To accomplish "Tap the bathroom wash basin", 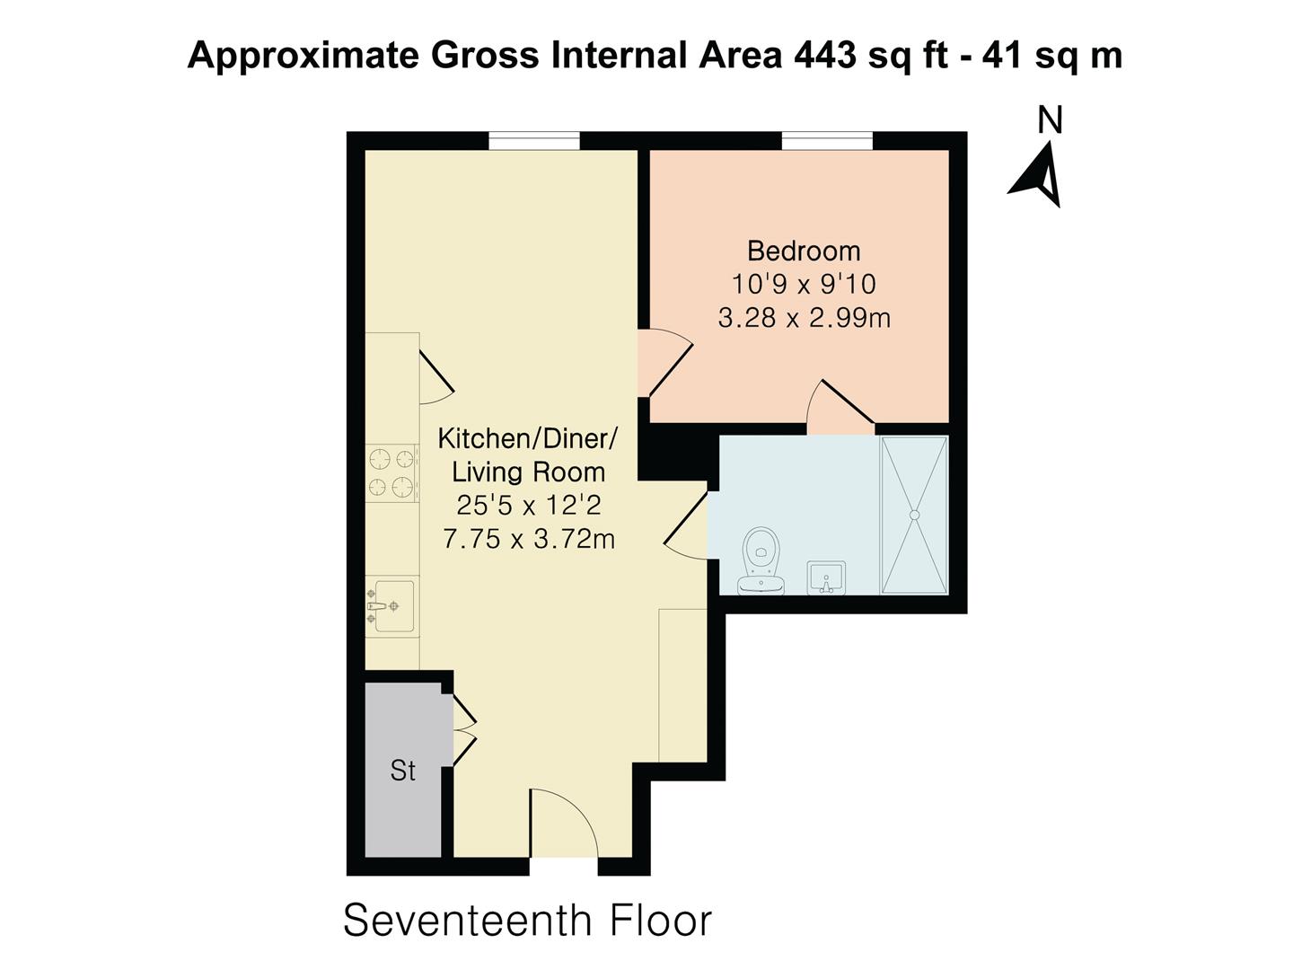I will pyautogui.click(x=825, y=577).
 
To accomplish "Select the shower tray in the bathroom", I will pyautogui.click(x=914, y=515).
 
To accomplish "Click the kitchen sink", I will pyautogui.click(x=393, y=607).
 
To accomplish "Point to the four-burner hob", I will pyautogui.click(x=392, y=473).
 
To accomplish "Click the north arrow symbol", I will pyautogui.click(x=1040, y=179).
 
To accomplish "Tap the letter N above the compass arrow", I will pyautogui.click(x=1050, y=120).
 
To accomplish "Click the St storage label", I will pyautogui.click(x=403, y=771).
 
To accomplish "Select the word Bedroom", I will pyautogui.click(x=804, y=251).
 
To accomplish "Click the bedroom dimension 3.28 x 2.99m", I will pyautogui.click(x=804, y=318).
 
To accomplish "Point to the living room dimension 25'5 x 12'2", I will pyautogui.click(x=528, y=506).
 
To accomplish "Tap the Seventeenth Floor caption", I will pyautogui.click(x=527, y=921).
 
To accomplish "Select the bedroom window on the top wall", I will pyautogui.click(x=827, y=141).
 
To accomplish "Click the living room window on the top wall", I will pyautogui.click(x=534, y=141).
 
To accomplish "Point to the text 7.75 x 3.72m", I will pyautogui.click(x=528, y=540).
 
